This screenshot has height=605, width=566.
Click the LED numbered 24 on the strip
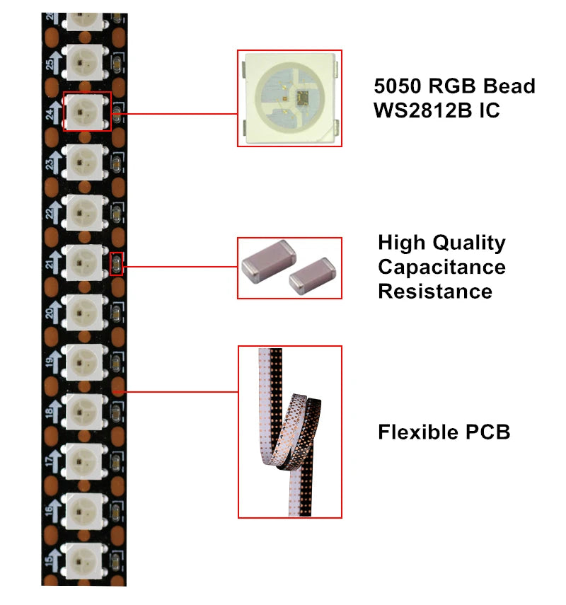pos(86,112)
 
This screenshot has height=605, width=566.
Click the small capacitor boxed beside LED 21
pos(117,264)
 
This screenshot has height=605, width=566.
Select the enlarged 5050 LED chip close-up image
pos(289,98)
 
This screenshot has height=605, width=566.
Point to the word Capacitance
pos(441,267)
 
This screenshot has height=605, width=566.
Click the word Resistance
pos(435,291)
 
